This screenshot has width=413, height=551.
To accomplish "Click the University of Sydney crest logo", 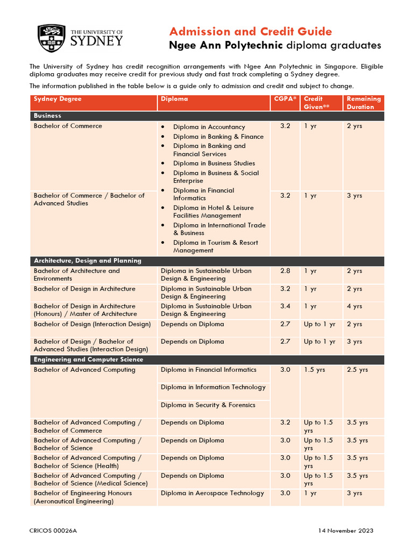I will [52, 38].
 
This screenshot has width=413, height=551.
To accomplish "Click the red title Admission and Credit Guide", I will [251, 31].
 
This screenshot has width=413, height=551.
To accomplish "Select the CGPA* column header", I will [284, 99].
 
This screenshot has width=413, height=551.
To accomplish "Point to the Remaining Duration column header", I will [364, 103].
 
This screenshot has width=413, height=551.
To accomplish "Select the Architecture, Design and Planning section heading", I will [88, 260].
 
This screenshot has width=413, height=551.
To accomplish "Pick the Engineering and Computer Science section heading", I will [88, 359].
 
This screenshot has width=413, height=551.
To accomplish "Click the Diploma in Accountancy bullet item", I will [209, 127].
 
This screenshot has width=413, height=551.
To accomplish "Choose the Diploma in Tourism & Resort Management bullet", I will [215, 246].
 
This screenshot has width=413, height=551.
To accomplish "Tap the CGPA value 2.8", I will [285, 271].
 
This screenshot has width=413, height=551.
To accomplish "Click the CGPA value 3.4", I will [285, 306].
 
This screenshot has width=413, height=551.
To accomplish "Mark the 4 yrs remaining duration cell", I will [354, 306].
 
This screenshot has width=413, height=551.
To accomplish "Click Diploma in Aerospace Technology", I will [212, 493].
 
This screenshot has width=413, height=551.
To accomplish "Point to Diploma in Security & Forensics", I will [208, 405].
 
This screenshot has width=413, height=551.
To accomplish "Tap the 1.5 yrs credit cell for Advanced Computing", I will [314, 370].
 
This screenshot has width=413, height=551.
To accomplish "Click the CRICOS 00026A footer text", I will [53, 531].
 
